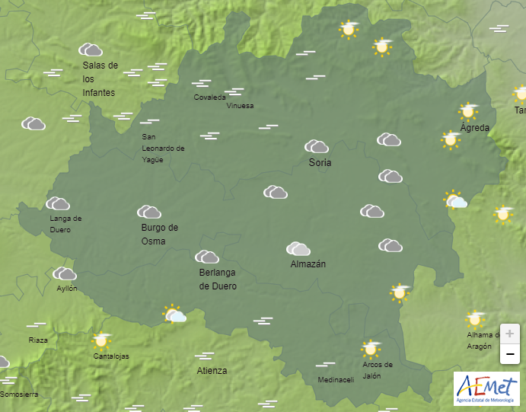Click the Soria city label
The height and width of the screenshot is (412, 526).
320,163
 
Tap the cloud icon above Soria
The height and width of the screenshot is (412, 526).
317,146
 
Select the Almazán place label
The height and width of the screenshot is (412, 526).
308,264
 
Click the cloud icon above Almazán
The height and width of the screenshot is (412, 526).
298,248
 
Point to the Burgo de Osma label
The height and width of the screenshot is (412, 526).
159,234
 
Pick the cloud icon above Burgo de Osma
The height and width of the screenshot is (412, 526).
149,212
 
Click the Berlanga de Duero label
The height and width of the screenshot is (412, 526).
218,279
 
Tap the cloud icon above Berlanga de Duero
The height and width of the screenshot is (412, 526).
207,257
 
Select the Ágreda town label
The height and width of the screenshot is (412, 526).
475,128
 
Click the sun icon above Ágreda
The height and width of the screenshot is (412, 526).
467,111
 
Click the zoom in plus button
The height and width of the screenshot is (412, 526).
509,334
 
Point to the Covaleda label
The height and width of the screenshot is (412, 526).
209,97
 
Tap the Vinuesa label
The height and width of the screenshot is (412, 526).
240,106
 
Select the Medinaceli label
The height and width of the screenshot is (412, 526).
336,380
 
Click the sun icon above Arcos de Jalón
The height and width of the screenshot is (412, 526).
371,348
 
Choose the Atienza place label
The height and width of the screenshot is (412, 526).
212,371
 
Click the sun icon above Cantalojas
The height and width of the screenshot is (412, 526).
100,340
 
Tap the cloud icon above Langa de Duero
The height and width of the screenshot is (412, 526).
58,203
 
